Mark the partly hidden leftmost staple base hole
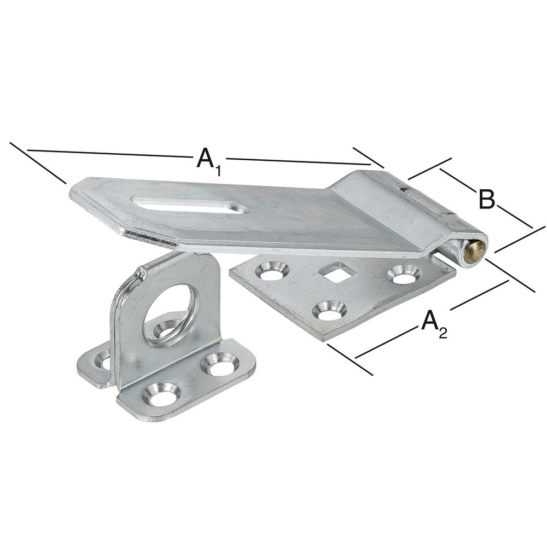coord(102,359)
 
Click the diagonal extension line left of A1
coord(38,163)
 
